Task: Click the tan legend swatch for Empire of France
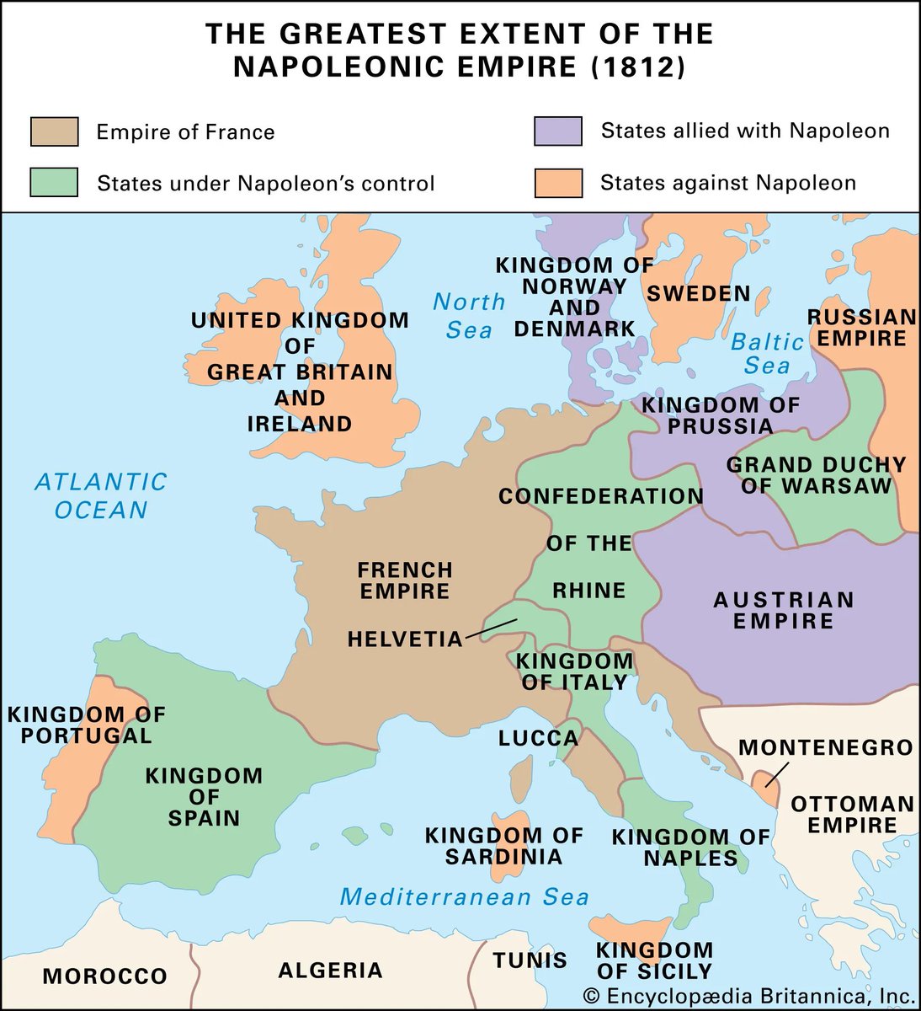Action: click(x=54, y=132)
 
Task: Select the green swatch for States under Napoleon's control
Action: click(x=54, y=183)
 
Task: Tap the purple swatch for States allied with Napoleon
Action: click(x=558, y=131)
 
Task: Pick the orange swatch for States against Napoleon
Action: click(x=558, y=183)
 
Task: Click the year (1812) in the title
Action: click(x=637, y=67)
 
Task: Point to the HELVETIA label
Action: click(x=405, y=639)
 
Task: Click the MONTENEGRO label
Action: click(x=826, y=747)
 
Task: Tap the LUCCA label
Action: click(x=538, y=739)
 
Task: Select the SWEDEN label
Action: click(x=698, y=294)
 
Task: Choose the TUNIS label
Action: click(x=530, y=960)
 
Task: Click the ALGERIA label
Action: click(x=330, y=971)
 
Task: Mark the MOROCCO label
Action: click(x=105, y=976)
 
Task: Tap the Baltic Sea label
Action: click(x=767, y=354)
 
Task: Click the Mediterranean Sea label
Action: click(x=464, y=897)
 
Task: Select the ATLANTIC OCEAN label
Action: click(x=101, y=496)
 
